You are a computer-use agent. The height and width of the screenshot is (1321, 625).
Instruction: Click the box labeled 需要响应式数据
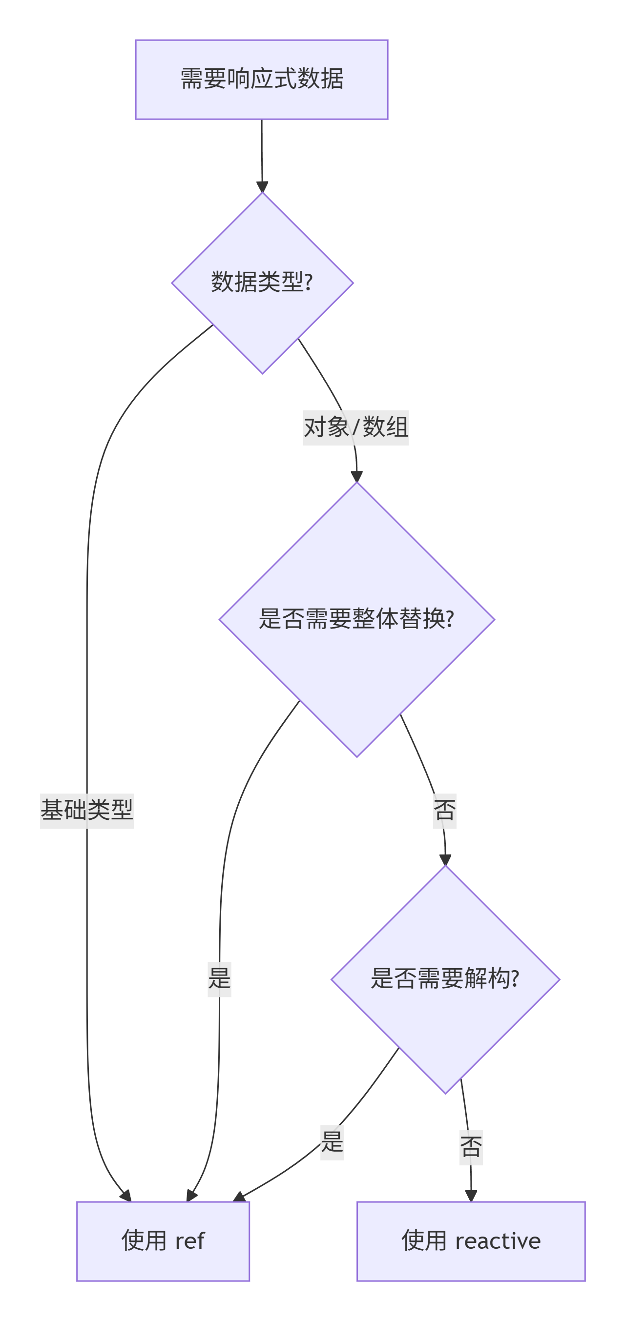point(261,80)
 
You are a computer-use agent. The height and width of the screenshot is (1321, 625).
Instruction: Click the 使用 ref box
point(163,1241)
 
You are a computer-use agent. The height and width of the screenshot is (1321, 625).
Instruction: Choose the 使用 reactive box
point(471,1241)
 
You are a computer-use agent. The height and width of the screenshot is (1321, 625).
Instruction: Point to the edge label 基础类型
point(87,811)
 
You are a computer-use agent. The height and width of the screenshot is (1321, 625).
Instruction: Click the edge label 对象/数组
point(355,427)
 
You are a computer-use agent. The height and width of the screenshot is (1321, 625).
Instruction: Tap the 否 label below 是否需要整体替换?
point(444,811)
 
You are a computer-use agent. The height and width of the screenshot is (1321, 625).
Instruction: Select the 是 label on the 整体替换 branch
point(219,979)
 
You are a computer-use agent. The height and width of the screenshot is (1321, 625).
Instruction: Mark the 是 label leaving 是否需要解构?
point(332,1142)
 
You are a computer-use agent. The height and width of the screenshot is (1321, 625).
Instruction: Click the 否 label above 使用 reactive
point(471,1148)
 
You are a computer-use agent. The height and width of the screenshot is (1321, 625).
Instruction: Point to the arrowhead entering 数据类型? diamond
point(262,187)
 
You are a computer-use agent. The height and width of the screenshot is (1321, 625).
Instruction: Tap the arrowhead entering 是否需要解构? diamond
point(445,860)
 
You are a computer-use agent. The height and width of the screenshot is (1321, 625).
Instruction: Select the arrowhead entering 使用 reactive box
point(471,1197)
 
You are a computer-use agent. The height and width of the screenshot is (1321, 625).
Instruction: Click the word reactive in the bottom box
point(498,1241)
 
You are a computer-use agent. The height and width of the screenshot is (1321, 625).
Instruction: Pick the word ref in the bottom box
point(190,1241)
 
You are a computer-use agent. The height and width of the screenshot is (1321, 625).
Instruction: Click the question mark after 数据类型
point(309,282)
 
